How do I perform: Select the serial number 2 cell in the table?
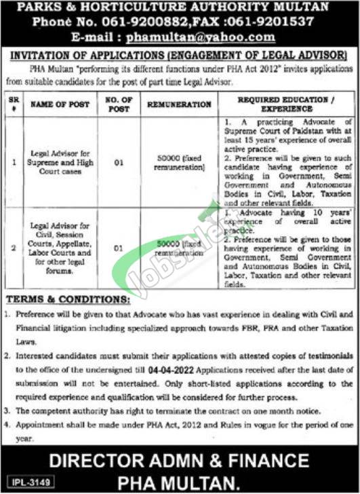tap(14, 247)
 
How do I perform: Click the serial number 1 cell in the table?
tap(14, 163)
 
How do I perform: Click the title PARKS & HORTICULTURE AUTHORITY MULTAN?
tap(180, 7)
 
